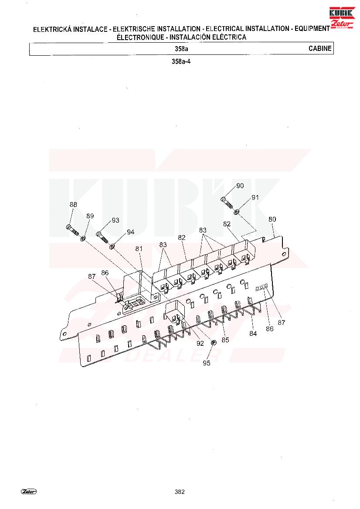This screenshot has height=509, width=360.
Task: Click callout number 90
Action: click(240, 185)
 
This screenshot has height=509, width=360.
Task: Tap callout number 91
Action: click(255, 197)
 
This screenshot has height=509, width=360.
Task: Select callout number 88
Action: click(73, 205)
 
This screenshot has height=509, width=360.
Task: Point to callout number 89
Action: click(90, 216)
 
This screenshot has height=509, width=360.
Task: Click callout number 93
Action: click(115, 220)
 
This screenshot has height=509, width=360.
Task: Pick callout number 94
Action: click(131, 232)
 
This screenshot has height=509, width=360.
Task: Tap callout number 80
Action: click(272, 219)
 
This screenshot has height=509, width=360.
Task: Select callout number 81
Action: click(139, 249)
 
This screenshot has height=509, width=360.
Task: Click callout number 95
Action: click(207, 363)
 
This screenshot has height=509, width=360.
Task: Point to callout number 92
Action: click(200, 344)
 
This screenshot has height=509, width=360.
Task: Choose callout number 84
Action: click(253, 334)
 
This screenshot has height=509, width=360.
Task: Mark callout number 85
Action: click(225, 340)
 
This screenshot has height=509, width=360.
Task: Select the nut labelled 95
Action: click(214, 342)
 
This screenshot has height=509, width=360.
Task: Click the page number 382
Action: click(180, 492)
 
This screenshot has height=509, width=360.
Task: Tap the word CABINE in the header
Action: click(320, 48)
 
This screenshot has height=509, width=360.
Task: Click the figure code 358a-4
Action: click(181, 61)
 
